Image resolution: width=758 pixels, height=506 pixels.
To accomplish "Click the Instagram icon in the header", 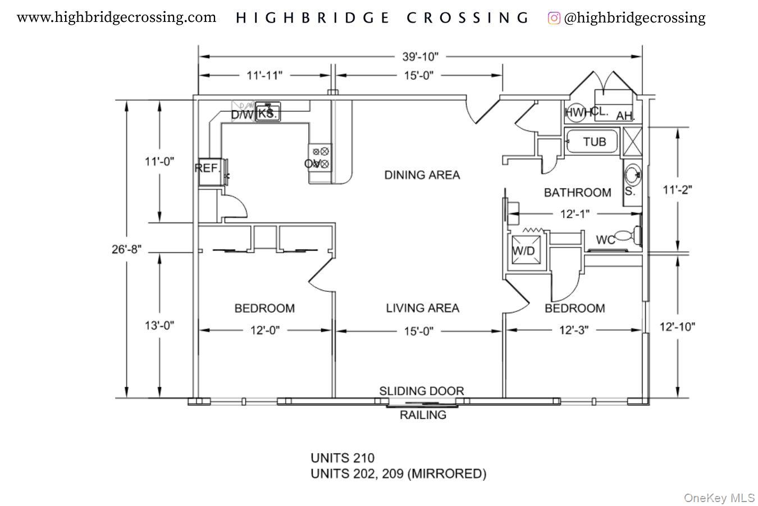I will click(x=554, y=18).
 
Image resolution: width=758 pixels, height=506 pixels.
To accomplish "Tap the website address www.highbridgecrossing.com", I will click(x=116, y=17).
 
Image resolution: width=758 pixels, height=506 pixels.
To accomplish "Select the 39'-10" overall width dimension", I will click(x=420, y=57).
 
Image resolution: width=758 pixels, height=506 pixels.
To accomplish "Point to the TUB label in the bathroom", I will click(x=594, y=142).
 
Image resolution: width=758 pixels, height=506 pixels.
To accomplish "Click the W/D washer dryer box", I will click(x=524, y=251).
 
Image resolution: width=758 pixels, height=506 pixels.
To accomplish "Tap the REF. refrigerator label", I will click(x=207, y=168).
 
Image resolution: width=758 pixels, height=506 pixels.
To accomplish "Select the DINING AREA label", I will click(x=422, y=175).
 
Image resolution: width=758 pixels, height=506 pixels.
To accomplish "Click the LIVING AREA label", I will click(x=422, y=308).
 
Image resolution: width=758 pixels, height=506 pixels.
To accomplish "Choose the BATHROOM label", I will click(x=577, y=193).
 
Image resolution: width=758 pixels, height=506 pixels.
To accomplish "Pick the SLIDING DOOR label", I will click(x=421, y=391).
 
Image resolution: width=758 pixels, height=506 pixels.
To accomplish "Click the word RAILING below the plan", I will click(x=423, y=415).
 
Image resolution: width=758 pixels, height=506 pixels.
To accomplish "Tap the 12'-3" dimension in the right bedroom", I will click(x=573, y=331).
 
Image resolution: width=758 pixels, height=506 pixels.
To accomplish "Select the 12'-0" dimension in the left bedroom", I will click(x=265, y=331).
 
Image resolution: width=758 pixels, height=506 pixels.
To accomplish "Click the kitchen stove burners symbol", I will click(x=320, y=157).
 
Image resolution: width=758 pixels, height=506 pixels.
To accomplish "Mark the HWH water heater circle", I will click(x=574, y=112).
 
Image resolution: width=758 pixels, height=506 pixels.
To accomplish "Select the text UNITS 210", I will click(x=342, y=458).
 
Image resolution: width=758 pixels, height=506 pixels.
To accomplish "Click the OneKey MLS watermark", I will click(x=719, y=498).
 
